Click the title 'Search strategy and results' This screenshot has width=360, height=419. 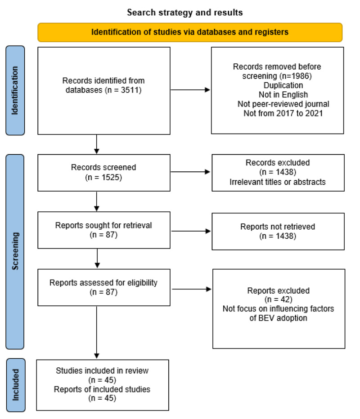pyautogui.click(x=185, y=12)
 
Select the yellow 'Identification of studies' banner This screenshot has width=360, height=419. pyautogui.click(x=190, y=32)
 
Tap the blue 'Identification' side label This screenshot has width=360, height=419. pyautogui.click(x=15, y=90)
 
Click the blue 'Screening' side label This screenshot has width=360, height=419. pyautogui.click(x=15, y=251)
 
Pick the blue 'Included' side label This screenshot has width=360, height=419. pyautogui.click(x=16, y=385)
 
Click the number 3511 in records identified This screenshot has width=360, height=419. pyautogui.click(x=131, y=90)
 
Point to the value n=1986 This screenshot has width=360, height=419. pyautogui.click(x=296, y=76)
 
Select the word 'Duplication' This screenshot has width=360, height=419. pyautogui.click(x=283, y=85)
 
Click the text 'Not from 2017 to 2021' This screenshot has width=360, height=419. pyautogui.click(x=283, y=113)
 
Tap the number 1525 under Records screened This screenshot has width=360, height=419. pyautogui.click(x=112, y=177)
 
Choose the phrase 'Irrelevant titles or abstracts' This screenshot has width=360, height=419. pyautogui.click(x=278, y=182)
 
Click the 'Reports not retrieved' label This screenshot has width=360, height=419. pyautogui.click(x=278, y=227)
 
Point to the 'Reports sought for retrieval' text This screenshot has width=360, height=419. pyautogui.click(x=103, y=225)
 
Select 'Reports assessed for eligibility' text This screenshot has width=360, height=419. pyautogui.click(x=103, y=283)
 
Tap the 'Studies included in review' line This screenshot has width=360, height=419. pyautogui.click(x=102, y=370)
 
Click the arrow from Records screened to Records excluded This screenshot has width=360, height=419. pyautogui.click(x=190, y=172)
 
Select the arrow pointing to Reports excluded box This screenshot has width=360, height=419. pyautogui.click(x=192, y=289)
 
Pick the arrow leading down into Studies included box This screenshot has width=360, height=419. pyautogui.click(x=97, y=332)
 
